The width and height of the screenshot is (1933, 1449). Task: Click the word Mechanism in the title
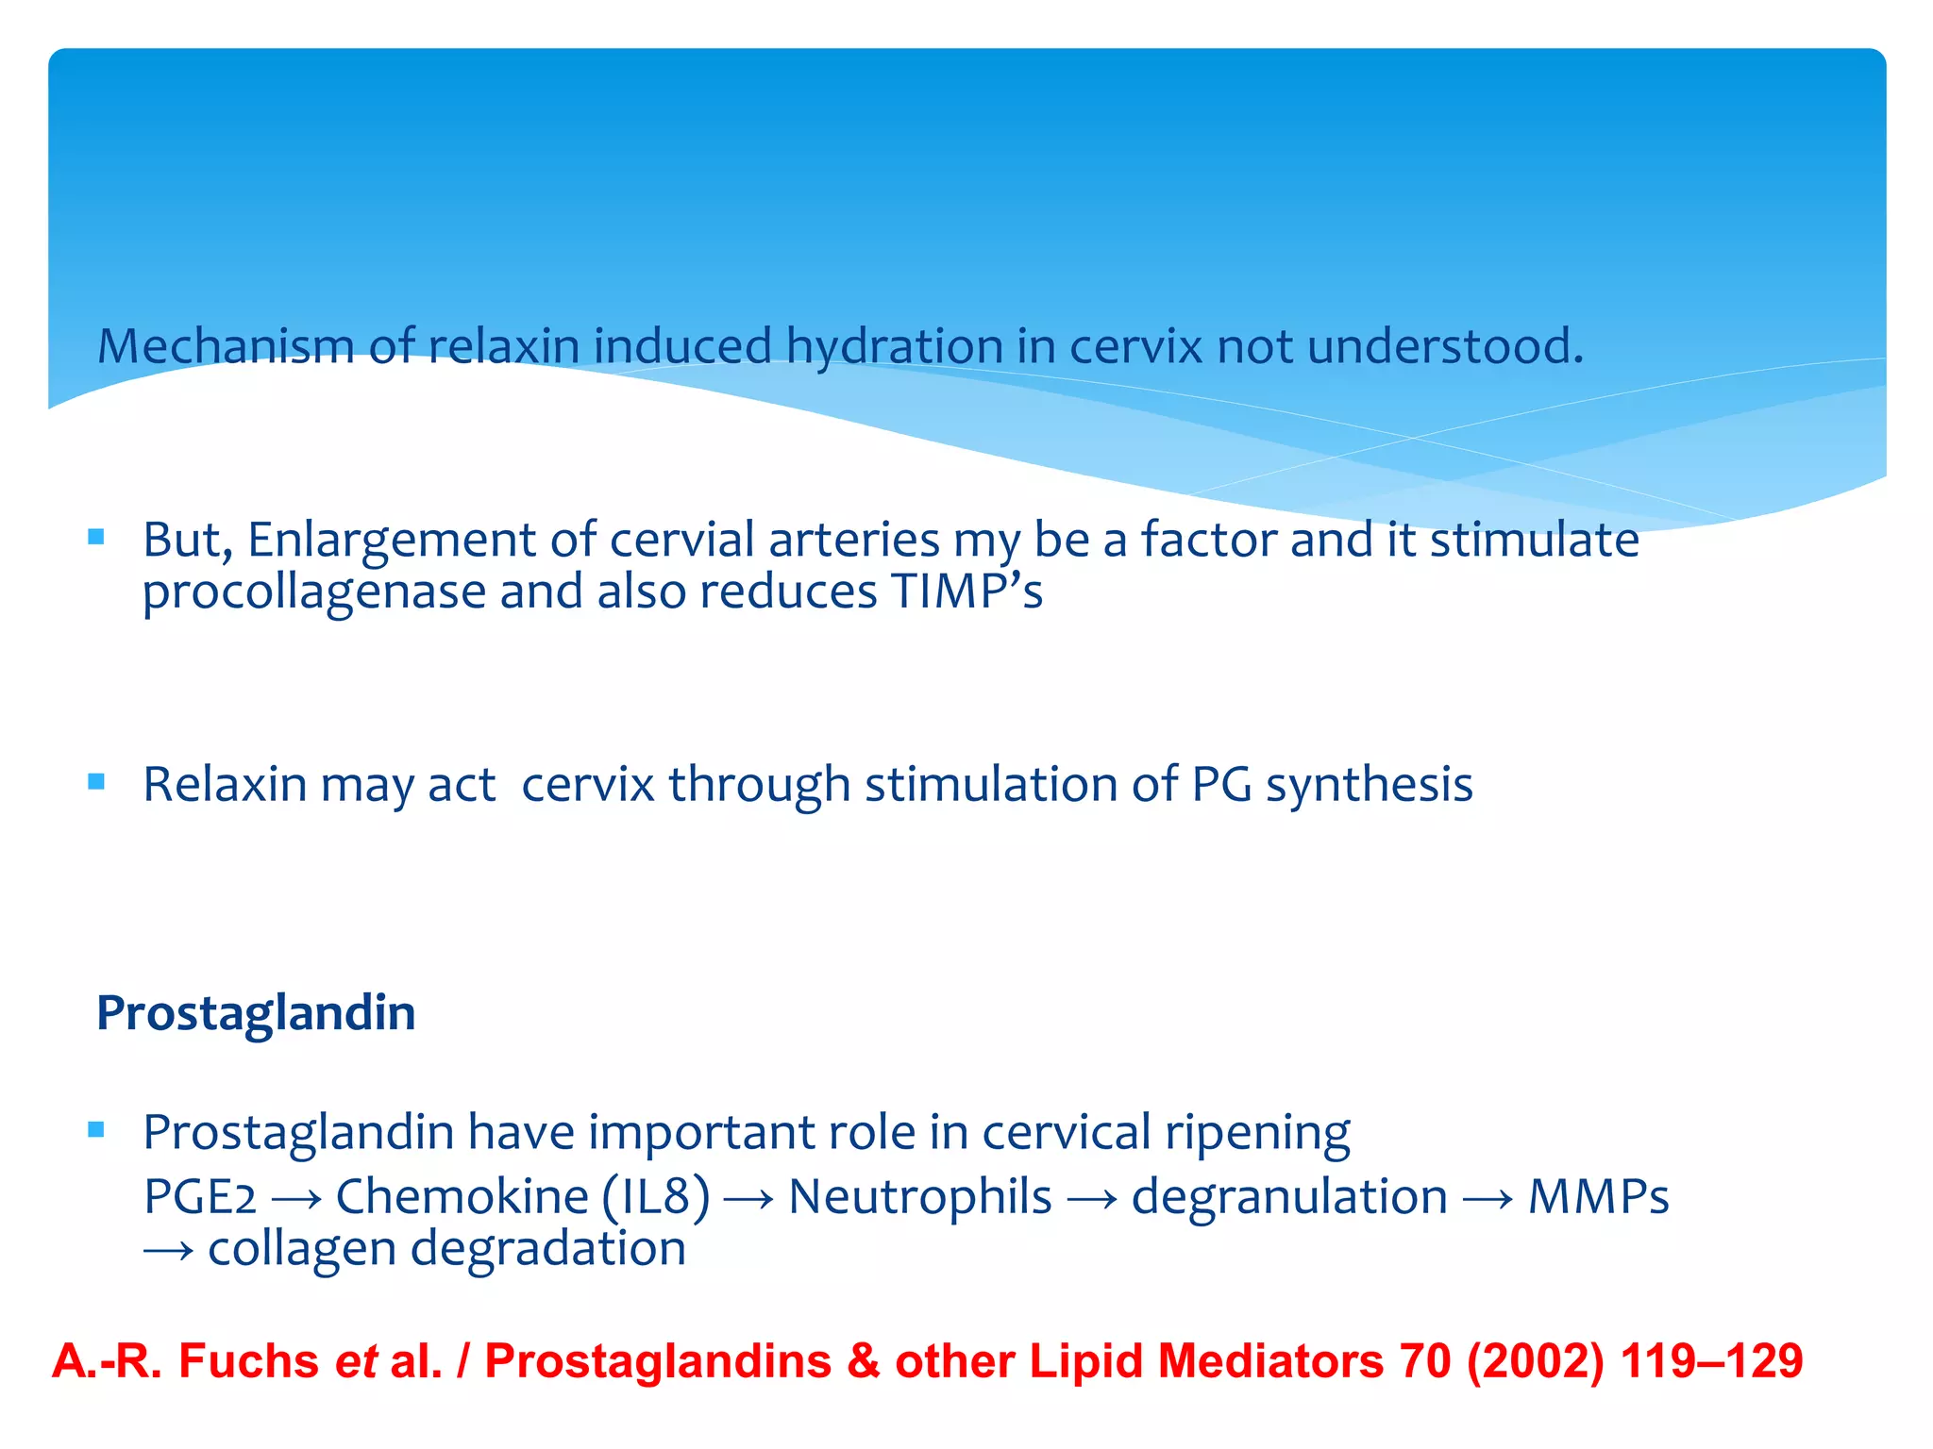click(225, 346)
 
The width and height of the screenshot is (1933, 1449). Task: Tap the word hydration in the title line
click(894, 346)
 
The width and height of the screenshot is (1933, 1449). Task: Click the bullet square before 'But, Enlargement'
click(95, 538)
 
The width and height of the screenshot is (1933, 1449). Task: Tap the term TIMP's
click(966, 591)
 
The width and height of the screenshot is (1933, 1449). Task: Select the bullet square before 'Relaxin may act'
click(95, 781)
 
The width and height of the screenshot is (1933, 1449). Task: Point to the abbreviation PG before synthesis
click(1220, 785)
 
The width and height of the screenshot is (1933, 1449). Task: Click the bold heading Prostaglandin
click(256, 1013)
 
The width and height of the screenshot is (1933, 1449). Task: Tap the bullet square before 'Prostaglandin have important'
click(95, 1129)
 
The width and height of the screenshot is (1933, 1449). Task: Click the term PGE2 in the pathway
click(199, 1197)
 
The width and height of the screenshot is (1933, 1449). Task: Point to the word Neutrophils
click(919, 1197)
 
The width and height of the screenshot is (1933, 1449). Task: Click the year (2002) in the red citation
click(1535, 1361)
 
